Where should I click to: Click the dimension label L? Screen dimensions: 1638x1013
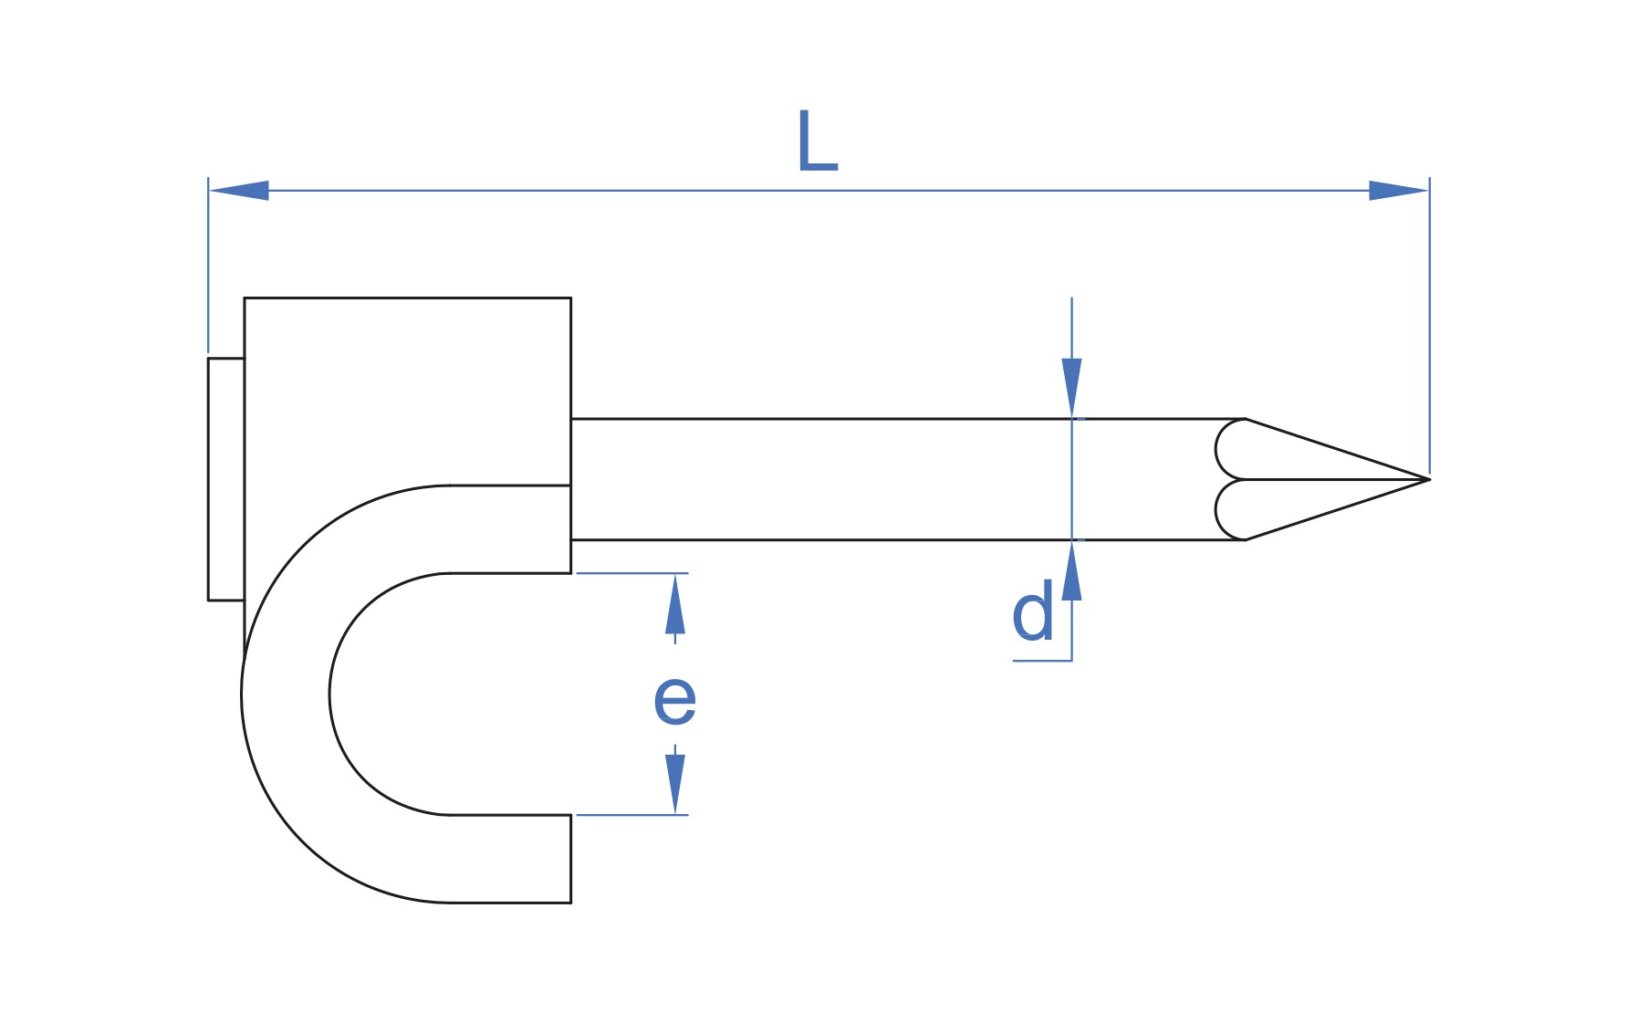(817, 141)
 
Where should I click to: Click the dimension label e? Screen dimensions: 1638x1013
(675, 702)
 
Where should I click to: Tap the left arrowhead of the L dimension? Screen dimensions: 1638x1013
(239, 191)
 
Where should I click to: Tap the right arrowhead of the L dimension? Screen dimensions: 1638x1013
(1399, 191)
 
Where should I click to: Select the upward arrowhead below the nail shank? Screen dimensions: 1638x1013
(1071, 570)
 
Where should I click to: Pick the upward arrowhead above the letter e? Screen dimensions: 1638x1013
(675, 603)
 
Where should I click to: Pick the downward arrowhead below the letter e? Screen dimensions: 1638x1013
(675, 784)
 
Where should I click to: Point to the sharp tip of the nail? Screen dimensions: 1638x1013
(1428, 479)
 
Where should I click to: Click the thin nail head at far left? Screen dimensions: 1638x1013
(226, 479)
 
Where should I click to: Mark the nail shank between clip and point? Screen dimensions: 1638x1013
(908, 479)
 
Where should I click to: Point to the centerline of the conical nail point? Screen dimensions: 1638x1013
(1337, 479)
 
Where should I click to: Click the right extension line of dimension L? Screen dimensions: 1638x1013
(1429, 325)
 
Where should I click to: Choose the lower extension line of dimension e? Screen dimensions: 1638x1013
(632, 815)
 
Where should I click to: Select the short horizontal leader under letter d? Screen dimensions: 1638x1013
(1042, 660)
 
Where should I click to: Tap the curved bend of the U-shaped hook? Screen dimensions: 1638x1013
(286, 694)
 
